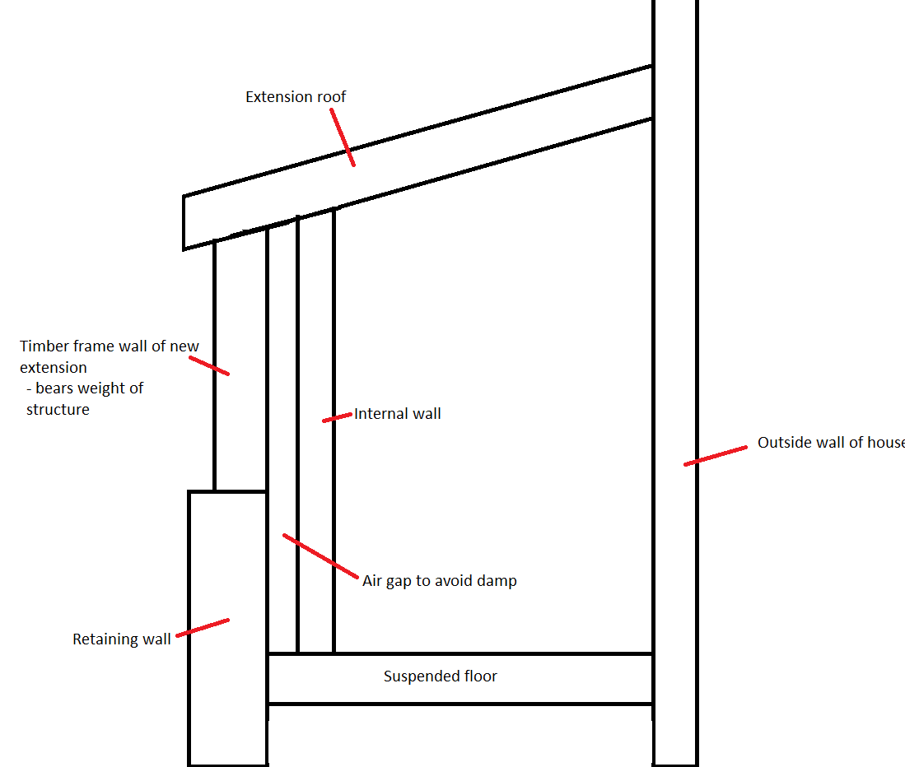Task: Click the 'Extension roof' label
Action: [x=296, y=97]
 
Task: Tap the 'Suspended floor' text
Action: [x=441, y=676]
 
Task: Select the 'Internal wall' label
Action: [x=398, y=413]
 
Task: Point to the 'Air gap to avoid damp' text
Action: [x=440, y=581]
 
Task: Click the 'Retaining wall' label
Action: [x=122, y=639]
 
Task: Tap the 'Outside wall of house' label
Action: [x=831, y=442]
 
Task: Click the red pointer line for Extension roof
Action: [x=343, y=137]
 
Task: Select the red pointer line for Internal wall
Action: [x=337, y=417]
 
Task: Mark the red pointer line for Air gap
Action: [x=320, y=556]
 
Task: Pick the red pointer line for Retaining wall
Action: [x=203, y=628]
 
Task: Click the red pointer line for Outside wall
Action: [x=716, y=456]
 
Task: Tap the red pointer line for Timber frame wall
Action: [x=209, y=365]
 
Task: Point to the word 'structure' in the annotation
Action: [x=58, y=410]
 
